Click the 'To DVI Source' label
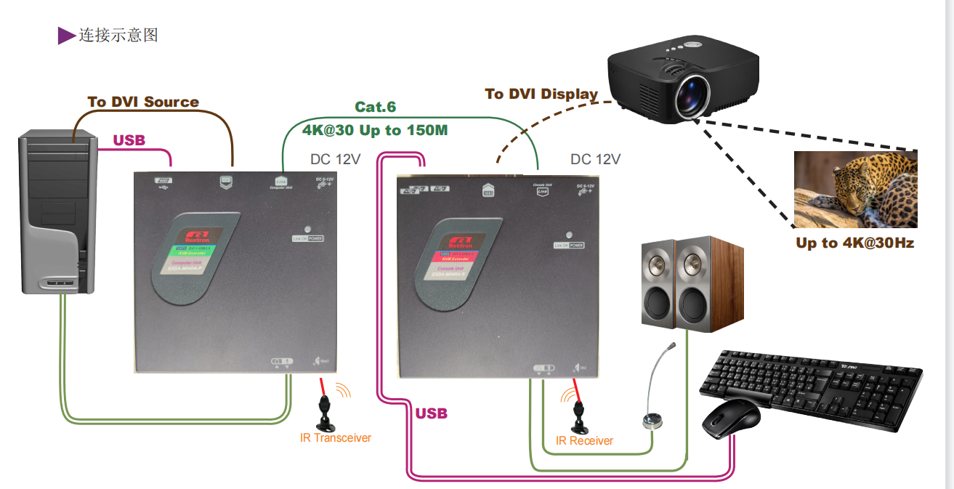(143, 102)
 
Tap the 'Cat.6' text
(375, 107)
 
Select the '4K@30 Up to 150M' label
(375, 131)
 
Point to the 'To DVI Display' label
(541, 94)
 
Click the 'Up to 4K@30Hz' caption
(854, 243)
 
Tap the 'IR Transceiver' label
(336, 438)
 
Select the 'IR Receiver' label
(584, 441)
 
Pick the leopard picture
(855, 190)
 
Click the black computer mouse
(731, 419)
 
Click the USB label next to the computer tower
(129, 140)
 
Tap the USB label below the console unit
(431, 413)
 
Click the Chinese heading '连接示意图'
(118, 34)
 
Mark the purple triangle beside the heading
(66, 35)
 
